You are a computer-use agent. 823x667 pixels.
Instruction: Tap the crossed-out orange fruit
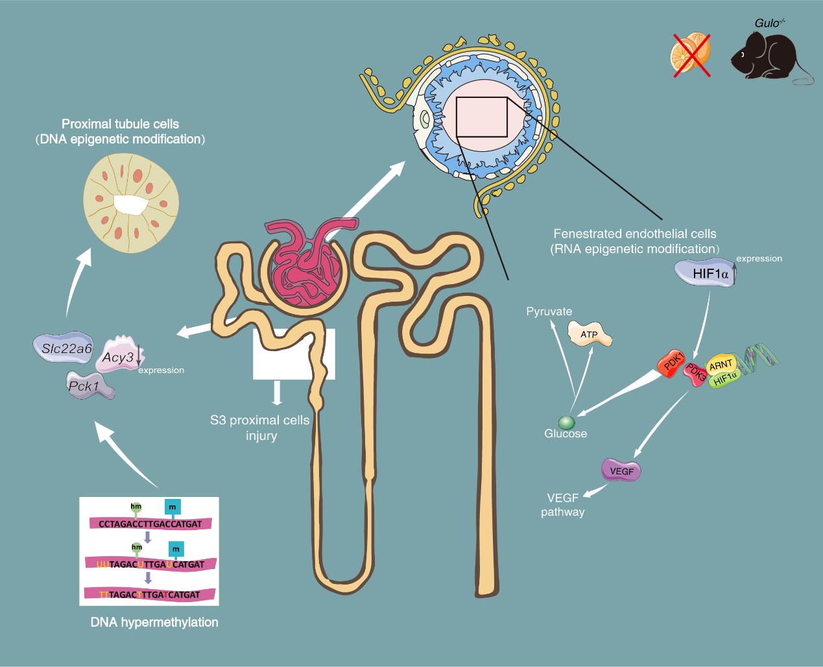(x=690, y=54)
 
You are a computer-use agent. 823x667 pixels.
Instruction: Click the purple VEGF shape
(x=621, y=470)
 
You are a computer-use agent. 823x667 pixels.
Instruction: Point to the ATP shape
(x=589, y=334)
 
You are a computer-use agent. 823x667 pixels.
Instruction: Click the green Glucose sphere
(x=566, y=422)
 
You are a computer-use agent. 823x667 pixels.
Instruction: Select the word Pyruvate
(x=549, y=311)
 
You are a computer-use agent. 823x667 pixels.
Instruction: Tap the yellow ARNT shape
(x=721, y=365)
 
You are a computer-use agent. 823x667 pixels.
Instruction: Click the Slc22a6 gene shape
(x=66, y=348)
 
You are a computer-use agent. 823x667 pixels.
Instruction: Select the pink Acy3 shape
(x=119, y=356)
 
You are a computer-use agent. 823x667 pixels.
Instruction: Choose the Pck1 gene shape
(x=89, y=386)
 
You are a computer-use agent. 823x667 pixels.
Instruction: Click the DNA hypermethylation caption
(x=154, y=622)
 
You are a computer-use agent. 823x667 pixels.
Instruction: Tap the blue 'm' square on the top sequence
(x=172, y=507)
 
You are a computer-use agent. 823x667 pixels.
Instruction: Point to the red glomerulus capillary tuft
(x=305, y=266)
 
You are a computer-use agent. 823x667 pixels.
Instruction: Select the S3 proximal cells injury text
(x=260, y=428)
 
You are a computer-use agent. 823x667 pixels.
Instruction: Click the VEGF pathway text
(x=562, y=505)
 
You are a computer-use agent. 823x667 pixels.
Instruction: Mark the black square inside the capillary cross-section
(x=481, y=117)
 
